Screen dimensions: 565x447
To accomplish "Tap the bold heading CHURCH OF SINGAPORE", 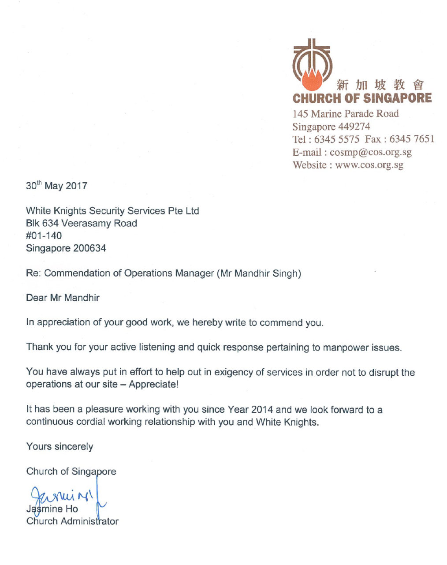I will tap(362, 98).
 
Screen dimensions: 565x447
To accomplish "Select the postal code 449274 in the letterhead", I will tap(354, 127).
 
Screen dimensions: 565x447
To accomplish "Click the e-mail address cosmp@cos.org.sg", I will tap(370, 153).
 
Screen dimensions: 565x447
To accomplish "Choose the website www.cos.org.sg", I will tap(369, 165).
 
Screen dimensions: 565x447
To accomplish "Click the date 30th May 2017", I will tap(56, 186).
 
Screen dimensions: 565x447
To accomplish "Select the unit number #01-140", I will tap(44, 236).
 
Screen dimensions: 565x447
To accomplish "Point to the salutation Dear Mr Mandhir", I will tap(63, 298).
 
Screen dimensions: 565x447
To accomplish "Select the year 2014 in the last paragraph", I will tap(262, 410).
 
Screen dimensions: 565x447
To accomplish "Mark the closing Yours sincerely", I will tap(60, 446).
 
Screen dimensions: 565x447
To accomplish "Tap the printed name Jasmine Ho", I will tap(52, 509).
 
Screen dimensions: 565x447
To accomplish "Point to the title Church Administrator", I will tap(72, 521).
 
